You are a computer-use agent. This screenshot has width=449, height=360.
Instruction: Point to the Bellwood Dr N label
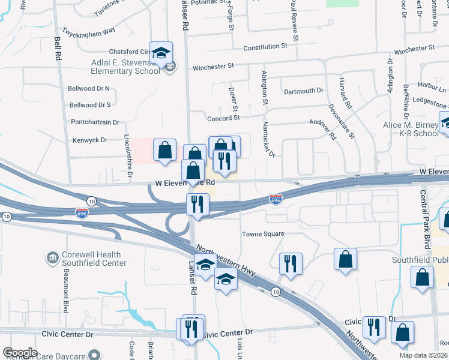pos(89,88)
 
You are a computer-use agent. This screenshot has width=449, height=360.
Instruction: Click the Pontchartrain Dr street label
pos(95,122)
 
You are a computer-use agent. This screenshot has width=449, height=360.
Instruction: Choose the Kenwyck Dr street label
pos(88,140)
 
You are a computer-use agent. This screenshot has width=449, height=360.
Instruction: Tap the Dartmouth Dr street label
pos(304,91)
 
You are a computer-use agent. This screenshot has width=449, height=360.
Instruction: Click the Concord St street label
pos(223,119)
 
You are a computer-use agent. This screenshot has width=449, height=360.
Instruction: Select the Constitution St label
pos(265,46)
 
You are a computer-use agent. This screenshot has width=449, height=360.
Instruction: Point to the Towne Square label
pos(263,234)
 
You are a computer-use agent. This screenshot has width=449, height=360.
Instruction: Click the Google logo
pos(19,353)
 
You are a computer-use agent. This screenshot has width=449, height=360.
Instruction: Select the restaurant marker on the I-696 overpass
pos(196,205)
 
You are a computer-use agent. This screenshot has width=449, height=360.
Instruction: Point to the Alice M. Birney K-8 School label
pos(411,129)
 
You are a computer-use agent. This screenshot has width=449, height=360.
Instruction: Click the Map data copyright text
pos(423,355)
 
